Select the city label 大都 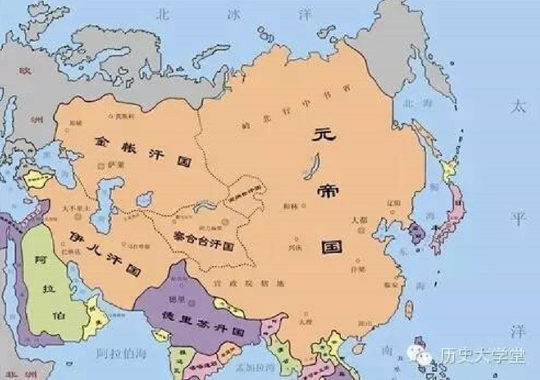(360, 220)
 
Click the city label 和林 (291, 206)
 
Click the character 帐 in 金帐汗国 (127, 147)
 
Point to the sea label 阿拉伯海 (121, 353)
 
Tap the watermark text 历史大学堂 (482, 355)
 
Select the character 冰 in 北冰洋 (233, 15)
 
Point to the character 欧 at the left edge (25, 71)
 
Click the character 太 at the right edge (518, 107)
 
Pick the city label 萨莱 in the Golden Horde (116, 164)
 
